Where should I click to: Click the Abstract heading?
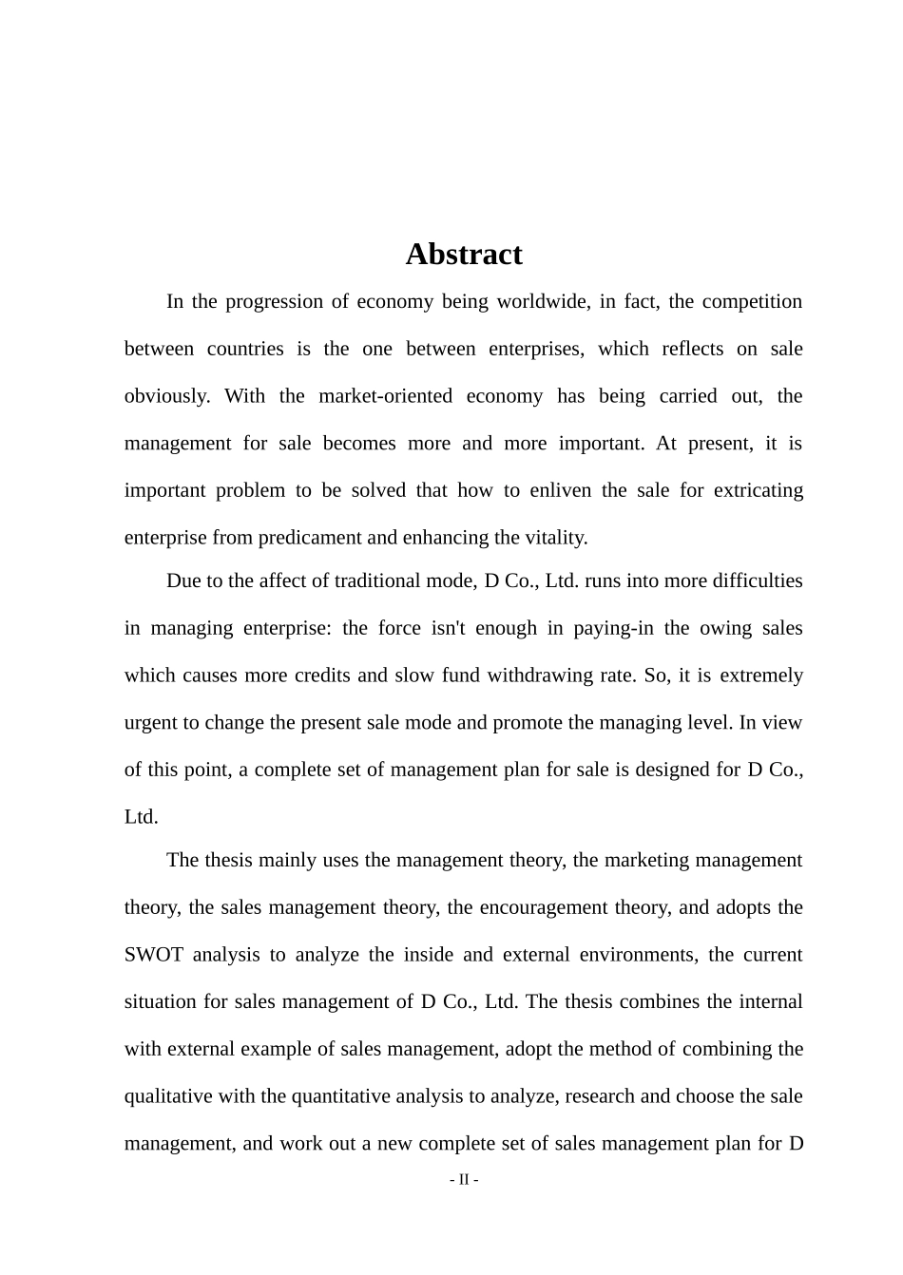[x=464, y=255]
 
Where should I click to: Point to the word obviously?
[x=167, y=396]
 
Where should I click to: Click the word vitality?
[x=556, y=538]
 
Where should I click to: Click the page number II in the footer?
[x=464, y=1180]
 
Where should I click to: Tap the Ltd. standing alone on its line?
[x=142, y=817]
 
